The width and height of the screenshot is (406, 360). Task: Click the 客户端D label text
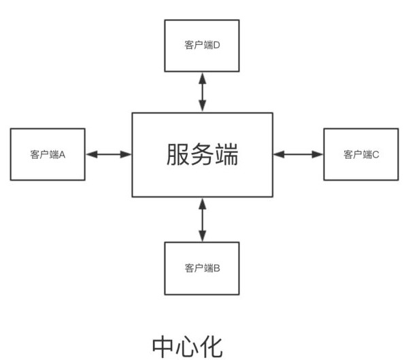point(202,45)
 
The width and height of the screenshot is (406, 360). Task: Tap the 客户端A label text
point(48,155)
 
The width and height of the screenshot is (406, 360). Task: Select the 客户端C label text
point(361,154)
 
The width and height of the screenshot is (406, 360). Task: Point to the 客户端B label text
point(202,268)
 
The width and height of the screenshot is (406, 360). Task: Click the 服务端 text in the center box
point(202,154)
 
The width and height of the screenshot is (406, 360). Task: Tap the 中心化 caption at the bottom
point(187,347)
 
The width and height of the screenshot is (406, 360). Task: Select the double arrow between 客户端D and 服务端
point(202,92)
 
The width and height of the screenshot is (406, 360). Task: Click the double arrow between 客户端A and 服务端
point(109,155)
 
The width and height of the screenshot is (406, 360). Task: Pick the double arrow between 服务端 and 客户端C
point(298,154)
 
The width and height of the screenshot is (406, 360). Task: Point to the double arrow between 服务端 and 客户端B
point(202,219)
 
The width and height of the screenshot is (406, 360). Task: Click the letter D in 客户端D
point(217,46)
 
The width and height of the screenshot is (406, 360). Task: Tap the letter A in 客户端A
point(62,155)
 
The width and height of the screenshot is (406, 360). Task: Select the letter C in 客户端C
point(375,155)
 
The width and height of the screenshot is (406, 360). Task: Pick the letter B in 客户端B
point(217,268)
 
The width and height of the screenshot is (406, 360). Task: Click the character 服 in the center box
point(177,154)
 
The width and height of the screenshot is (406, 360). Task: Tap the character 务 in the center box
point(202,154)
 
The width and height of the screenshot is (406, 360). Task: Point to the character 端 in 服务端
point(226,154)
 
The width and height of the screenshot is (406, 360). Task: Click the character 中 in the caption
point(163,347)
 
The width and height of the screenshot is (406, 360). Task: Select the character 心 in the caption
point(187,347)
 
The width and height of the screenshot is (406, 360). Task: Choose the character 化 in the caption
point(212,347)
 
